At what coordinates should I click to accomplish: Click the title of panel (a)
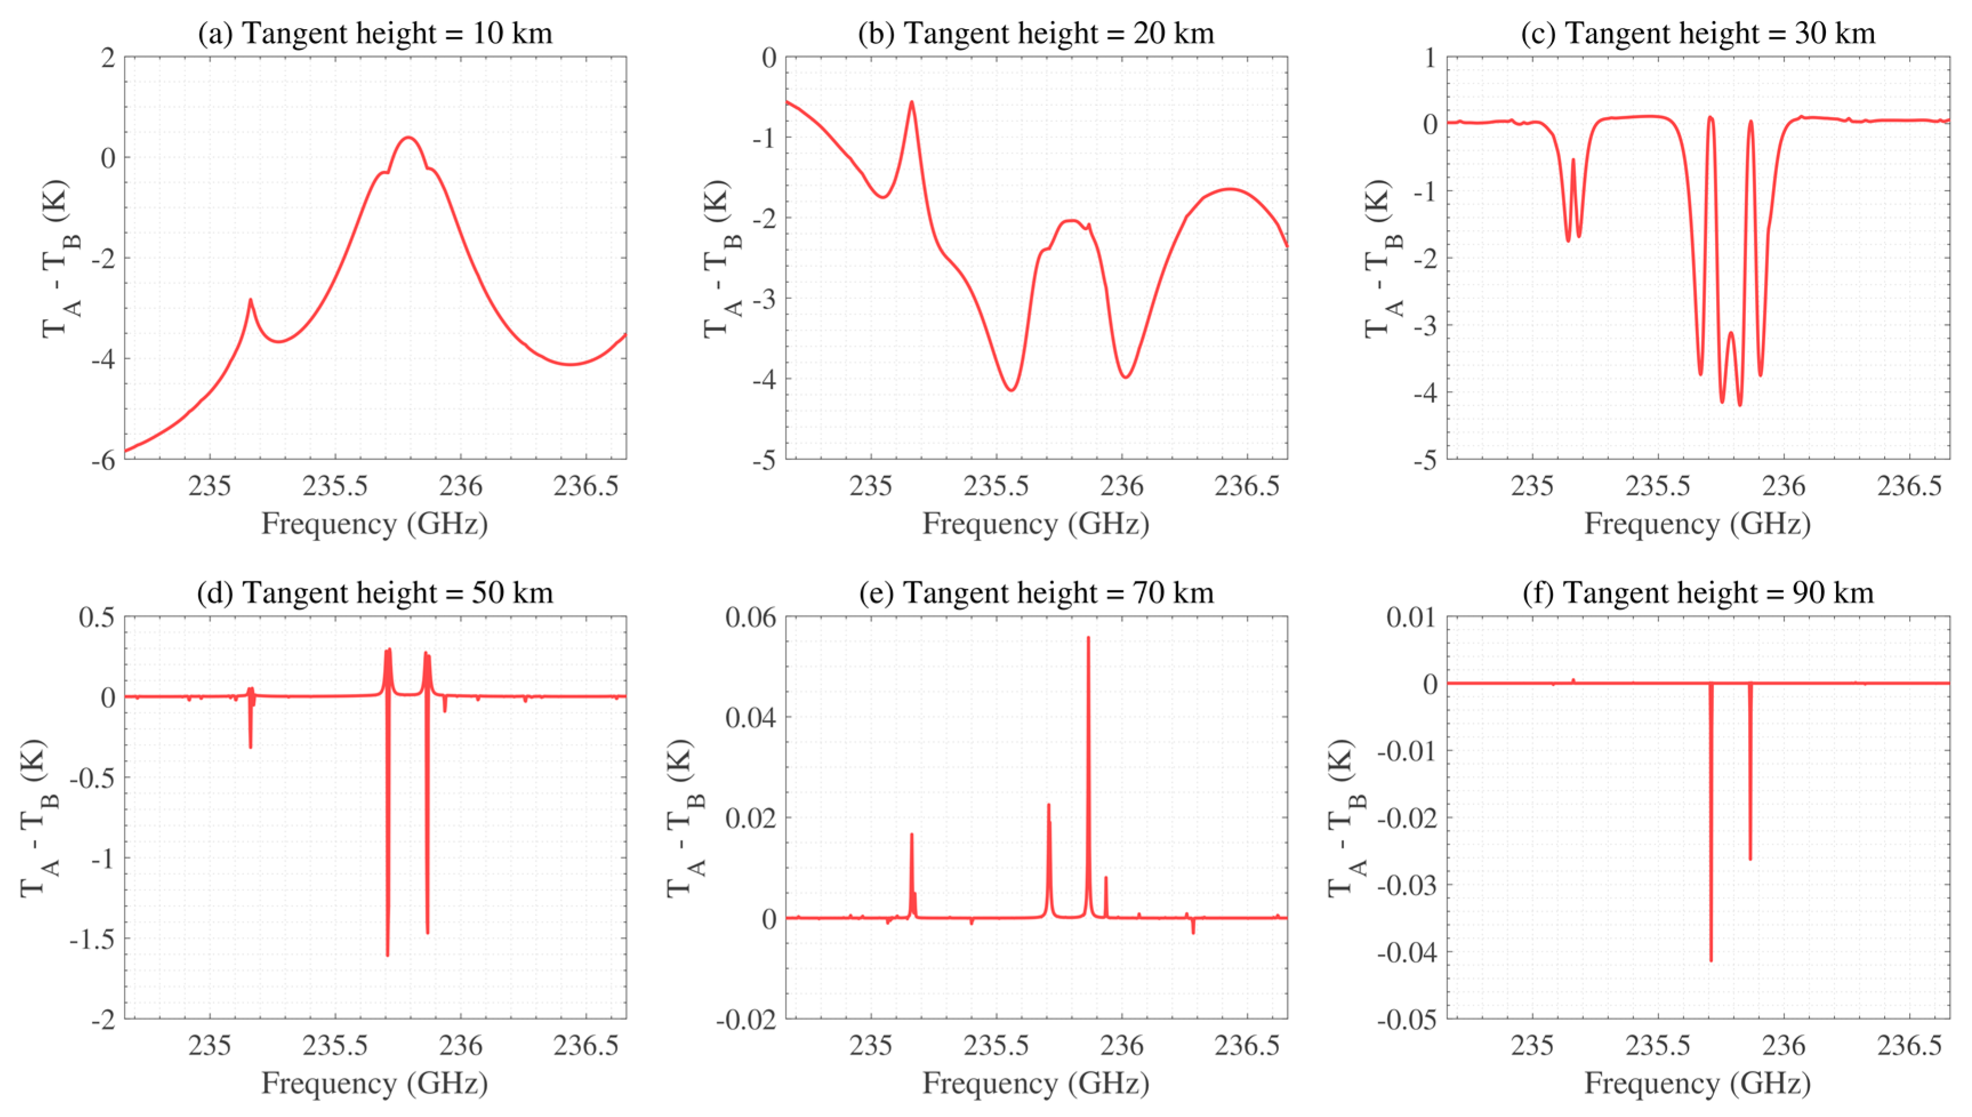pos(375,33)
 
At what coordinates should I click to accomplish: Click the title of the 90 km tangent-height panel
pos(1697,592)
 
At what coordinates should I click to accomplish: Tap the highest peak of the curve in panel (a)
pos(409,138)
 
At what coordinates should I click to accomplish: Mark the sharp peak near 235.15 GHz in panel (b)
pos(911,102)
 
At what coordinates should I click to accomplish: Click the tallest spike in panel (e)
pos(1088,637)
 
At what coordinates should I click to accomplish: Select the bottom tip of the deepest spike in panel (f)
pos(1711,960)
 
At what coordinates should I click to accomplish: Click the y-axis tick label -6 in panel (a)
pos(103,461)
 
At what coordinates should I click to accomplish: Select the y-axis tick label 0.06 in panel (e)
pos(750,617)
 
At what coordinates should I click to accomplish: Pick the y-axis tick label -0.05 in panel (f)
pos(1406,1019)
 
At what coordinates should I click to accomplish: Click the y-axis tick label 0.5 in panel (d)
pos(96,617)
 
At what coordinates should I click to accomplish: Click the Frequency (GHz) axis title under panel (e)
pos(1036,1083)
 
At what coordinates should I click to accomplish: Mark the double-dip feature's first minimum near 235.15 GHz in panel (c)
pos(1568,241)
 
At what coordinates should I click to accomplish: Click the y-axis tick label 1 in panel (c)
pos(1430,58)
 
